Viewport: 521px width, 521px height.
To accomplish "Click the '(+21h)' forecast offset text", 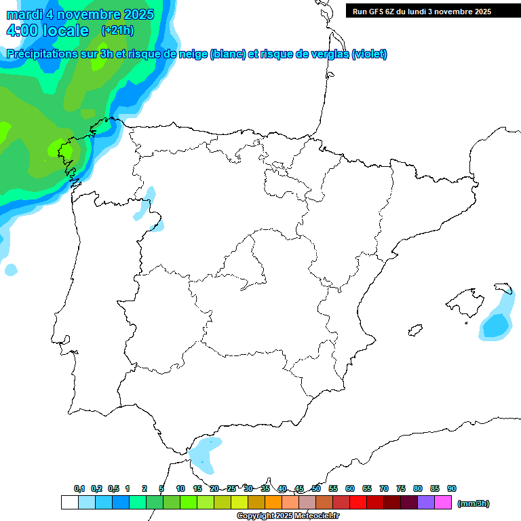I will tap(117, 31).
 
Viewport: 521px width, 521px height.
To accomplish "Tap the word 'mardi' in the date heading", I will tap(25, 14).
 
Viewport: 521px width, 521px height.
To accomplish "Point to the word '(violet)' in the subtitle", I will tap(370, 54).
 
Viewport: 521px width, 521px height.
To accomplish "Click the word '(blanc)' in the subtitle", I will tap(228, 54).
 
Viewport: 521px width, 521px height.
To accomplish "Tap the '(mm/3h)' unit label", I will tap(474, 503).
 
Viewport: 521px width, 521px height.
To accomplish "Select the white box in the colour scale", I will tap(69, 503).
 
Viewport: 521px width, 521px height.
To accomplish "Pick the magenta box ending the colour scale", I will tap(443, 503).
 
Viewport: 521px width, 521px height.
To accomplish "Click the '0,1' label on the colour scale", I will tap(79, 489).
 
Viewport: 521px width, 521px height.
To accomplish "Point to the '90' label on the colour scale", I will tap(452, 489).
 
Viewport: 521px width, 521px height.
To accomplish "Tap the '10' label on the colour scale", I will tap(180, 489).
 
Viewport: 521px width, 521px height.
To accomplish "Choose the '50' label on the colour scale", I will tap(316, 489).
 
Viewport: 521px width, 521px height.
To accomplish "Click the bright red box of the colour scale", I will tap(358, 503).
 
